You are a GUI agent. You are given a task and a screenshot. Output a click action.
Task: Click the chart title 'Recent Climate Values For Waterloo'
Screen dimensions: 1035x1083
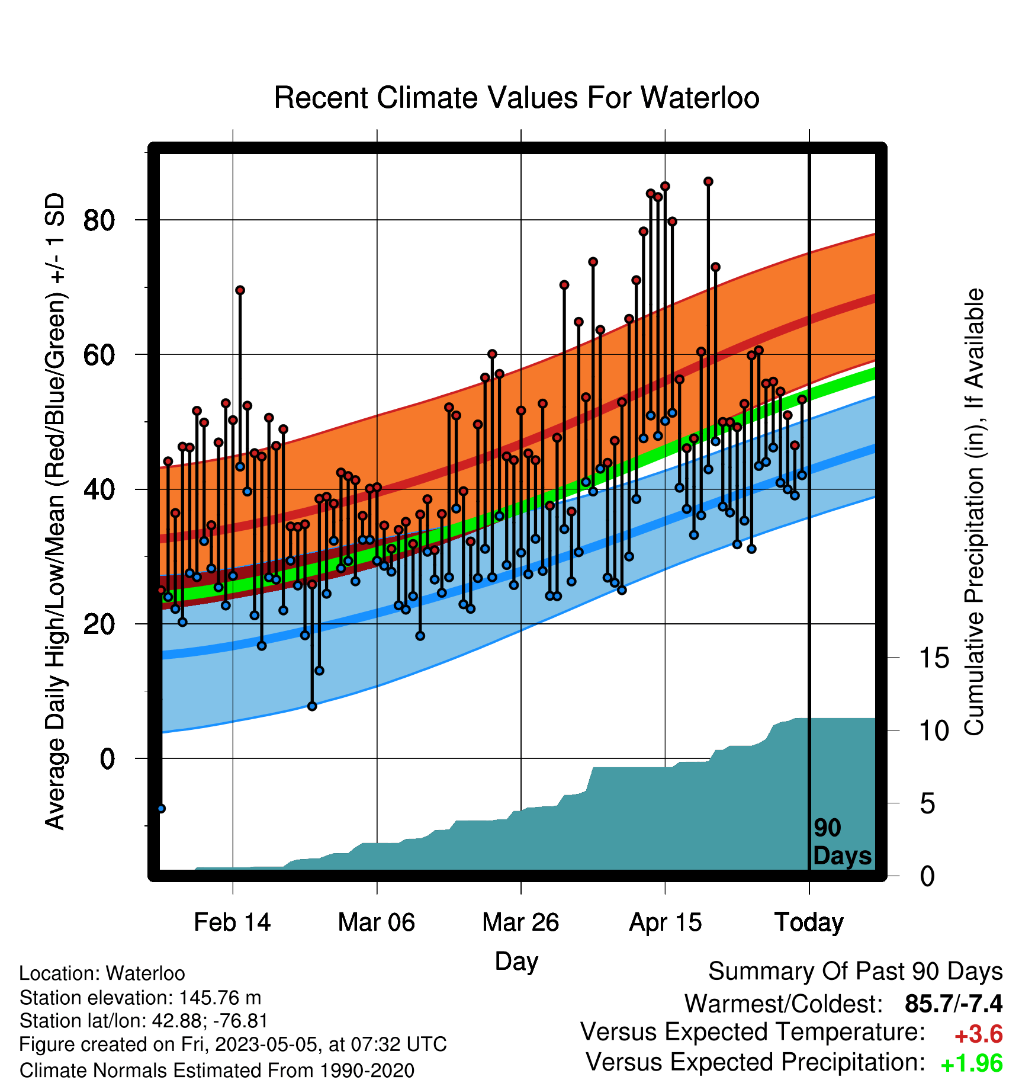pyautogui.click(x=516, y=98)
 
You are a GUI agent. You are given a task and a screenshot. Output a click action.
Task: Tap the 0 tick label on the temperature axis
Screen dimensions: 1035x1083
pyautogui.click(x=107, y=758)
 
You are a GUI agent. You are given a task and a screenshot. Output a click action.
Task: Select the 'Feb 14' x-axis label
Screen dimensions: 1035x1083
pyautogui.click(x=232, y=922)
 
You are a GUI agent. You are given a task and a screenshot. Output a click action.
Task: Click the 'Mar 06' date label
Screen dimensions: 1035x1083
pyautogui.click(x=377, y=922)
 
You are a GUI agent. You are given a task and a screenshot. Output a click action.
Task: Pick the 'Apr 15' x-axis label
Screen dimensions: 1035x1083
pyautogui.click(x=665, y=922)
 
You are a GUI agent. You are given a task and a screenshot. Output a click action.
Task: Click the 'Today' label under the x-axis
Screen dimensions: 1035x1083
pyautogui.click(x=809, y=922)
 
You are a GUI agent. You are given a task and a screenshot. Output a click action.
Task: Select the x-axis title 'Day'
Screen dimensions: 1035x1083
pyautogui.click(x=516, y=962)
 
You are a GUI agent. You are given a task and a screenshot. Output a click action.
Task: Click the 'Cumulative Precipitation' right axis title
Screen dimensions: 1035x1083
pyautogui.click(x=973, y=512)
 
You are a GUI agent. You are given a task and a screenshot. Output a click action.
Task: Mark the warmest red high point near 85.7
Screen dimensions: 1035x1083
pyautogui.click(x=708, y=181)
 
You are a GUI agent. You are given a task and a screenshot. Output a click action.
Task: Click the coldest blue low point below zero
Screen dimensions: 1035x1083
pyautogui.click(x=161, y=808)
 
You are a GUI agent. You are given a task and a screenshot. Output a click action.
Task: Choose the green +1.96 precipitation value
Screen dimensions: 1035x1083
pyautogui.click(x=972, y=1063)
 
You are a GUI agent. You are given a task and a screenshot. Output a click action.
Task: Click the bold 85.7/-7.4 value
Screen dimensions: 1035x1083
pyautogui.click(x=954, y=1004)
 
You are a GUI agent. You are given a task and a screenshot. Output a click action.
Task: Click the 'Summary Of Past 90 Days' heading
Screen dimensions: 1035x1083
pyautogui.click(x=856, y=972)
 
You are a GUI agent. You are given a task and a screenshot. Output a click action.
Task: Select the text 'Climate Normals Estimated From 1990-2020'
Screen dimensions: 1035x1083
pyautogui.click(x=217, y=1071)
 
